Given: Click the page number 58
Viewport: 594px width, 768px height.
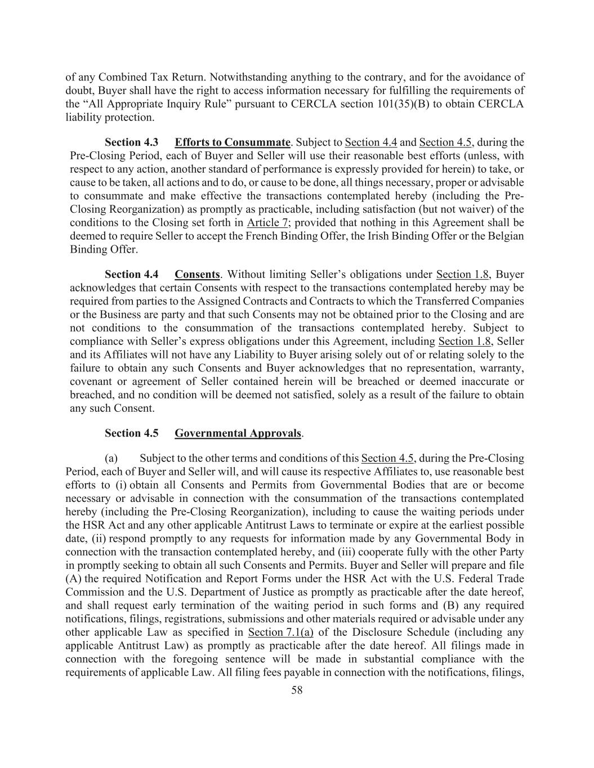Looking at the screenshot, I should click(x=297, y=690).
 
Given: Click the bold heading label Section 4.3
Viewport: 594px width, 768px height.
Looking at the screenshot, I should click(x=131, y=142).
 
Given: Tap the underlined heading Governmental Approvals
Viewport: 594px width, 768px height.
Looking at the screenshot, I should click(x=238, y=433).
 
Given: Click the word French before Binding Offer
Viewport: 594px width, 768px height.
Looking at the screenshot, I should click(x=262, y=236).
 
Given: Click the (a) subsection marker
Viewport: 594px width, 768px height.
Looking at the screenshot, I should click(x=111, y=458).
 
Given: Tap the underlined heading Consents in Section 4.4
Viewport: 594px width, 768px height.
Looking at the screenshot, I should click(x=197, y=275).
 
